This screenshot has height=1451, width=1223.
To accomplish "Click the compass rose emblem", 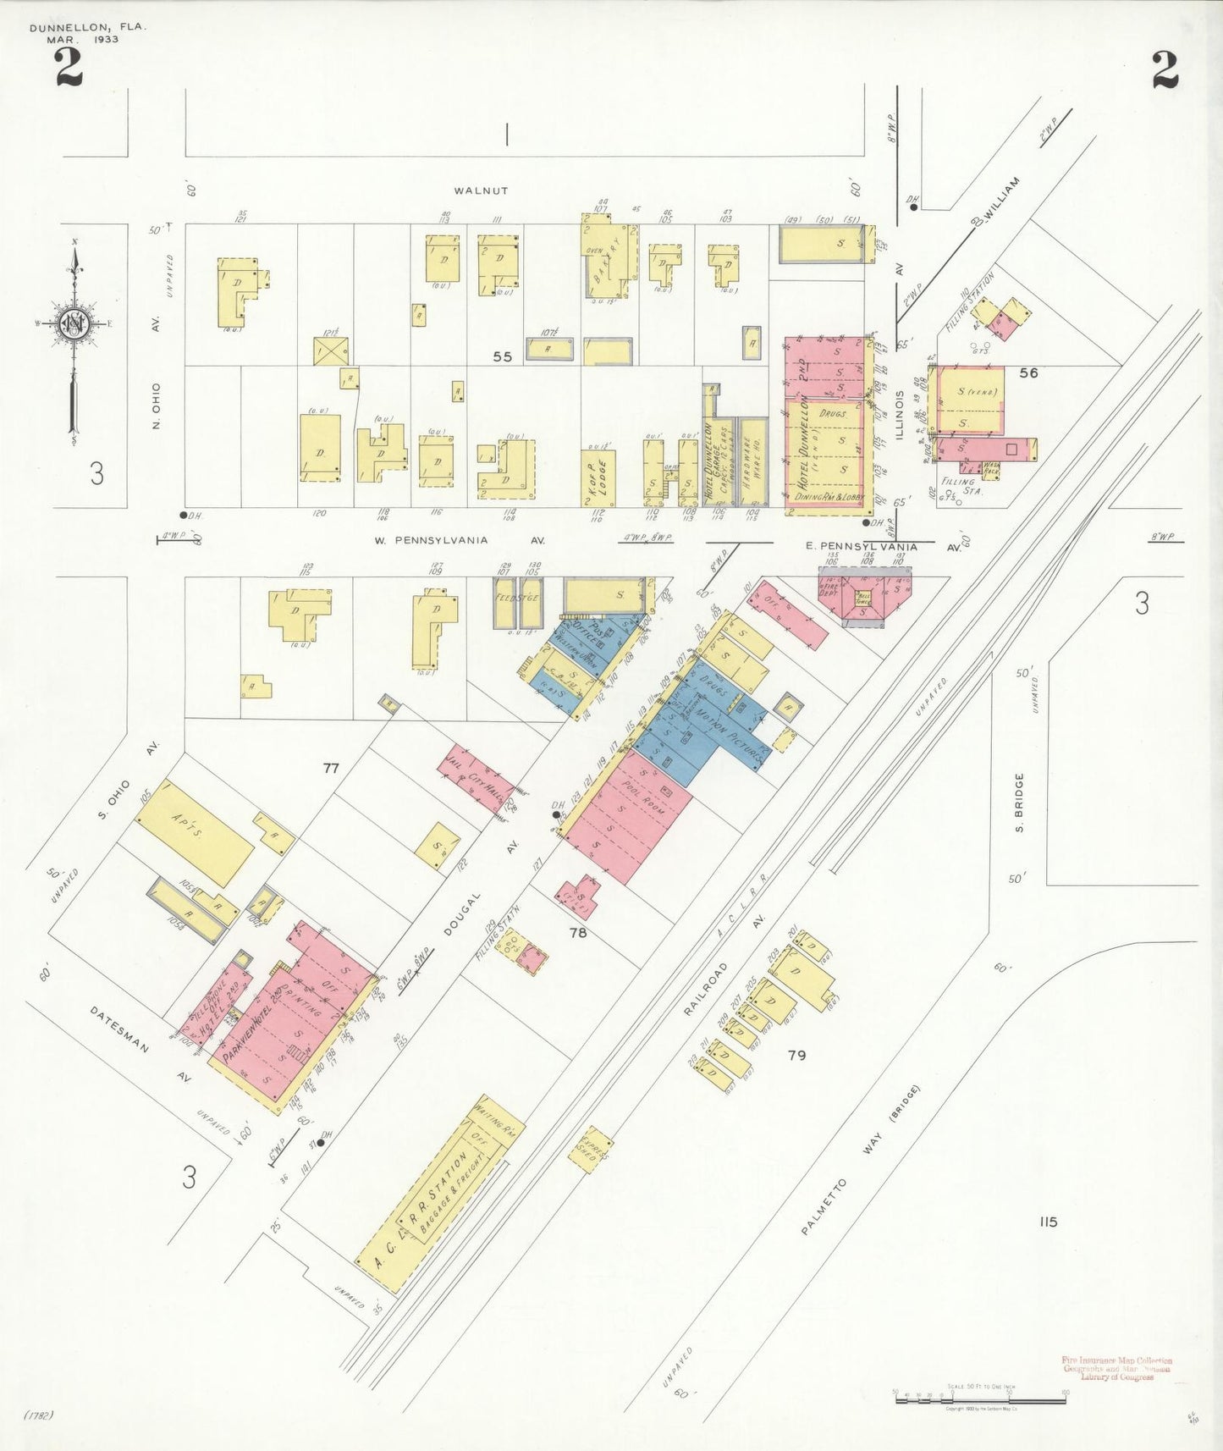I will (x=74, y=324).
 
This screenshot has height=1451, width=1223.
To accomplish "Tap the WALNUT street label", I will (x=480, y=191).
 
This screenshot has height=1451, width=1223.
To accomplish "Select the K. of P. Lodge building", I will (x=598, y=477).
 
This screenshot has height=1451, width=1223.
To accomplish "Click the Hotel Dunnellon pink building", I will (x=828, y=426).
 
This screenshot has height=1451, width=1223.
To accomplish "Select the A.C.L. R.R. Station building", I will (x=438, y=1194).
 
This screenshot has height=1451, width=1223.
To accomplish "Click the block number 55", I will (x=503, y=356).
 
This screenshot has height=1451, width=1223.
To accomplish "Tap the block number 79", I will (x=796, y=1055).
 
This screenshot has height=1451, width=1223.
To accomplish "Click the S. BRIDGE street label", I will (x=1019, y=803).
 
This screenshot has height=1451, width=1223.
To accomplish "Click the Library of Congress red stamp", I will (x=1116, y=1370).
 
